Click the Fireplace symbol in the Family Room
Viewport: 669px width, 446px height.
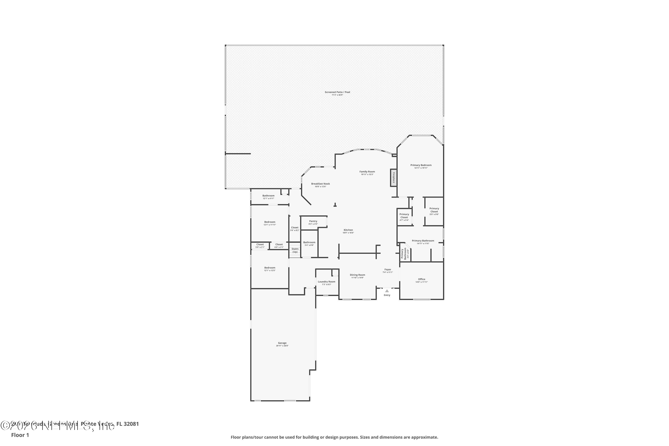click(x=393, y=178)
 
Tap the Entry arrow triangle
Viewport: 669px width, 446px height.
click(x=387, y=291)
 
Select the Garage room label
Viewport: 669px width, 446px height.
click(x=282, y=343)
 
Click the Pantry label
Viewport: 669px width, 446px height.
click(x=313, y=221)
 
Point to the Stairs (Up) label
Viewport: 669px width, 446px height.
click(x=295, y=250)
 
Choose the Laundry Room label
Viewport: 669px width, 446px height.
click(x=326, y=282)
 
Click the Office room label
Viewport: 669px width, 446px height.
click(x=421, y=279)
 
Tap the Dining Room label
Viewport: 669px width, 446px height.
click(x=357, y=275)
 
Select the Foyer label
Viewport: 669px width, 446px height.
click(x=388, y=270)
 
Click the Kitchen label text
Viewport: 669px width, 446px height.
click(x=348, y=230)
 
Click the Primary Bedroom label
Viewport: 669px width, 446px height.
click(x=421, y=165)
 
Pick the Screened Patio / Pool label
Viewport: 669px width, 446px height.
click(x=337, y=92)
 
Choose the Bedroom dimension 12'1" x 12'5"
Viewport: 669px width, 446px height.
click(x=270, y=270)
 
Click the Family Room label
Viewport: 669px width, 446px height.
click(x=367, y=172)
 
